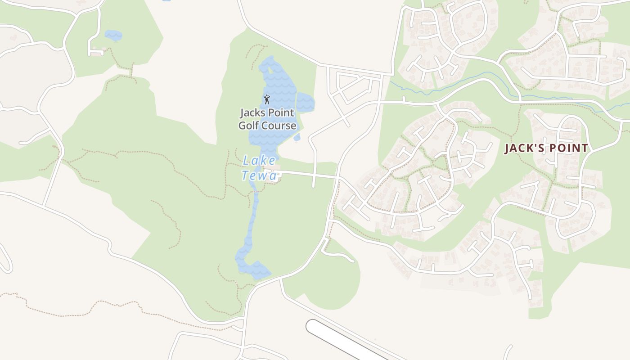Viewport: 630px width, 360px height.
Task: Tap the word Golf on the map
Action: pyautogui.click(x=248, y=125)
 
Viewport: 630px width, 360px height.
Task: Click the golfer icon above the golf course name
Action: pyautogui.click(x=267, y=99)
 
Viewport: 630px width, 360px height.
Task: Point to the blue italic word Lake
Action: pyautogui.click(x=259, y=160)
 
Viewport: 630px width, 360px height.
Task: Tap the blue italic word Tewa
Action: pyautogui.click(x=259, y=175)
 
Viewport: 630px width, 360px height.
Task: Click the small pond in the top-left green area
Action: pyautogui.click(x=113, y=35)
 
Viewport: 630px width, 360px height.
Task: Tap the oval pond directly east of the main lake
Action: pyautogui.click(x=305, y=102)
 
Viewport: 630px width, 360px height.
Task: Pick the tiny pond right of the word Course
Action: pyautogui.click(x=297, y=138)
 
